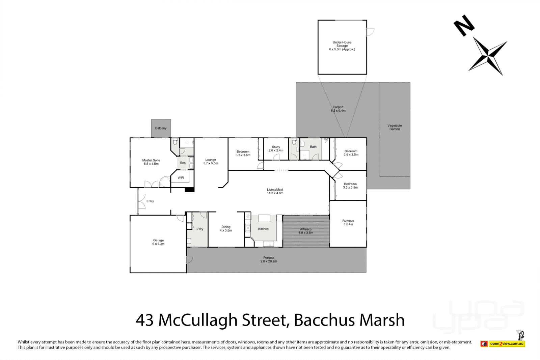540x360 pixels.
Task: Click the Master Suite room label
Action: tap(151, 162)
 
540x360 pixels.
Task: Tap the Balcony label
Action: tap(161, 128)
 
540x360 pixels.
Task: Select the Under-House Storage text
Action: tap(342, 46)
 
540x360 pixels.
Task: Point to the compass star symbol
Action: tap(488, 56)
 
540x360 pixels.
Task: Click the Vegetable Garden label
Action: tap(395, 127)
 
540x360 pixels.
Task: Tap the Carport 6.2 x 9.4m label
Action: tap(338, 109)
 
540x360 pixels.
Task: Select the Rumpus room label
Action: tap(348, 222)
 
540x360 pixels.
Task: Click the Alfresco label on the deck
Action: tap(306, 231)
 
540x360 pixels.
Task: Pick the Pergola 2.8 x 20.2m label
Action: tap(269, 259)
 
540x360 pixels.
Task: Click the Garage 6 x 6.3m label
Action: tap(158, 242)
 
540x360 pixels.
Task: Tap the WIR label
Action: tap(181, 177)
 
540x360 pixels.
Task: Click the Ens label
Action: tap(183, 163)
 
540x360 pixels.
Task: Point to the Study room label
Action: tap(276, 148)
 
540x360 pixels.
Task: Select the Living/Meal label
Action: tap(275, 191)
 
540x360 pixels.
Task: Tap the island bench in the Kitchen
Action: tap(264, 218)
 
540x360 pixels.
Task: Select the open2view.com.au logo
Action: tap(507, 343)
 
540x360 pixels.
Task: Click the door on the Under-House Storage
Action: tap(370, 32)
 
